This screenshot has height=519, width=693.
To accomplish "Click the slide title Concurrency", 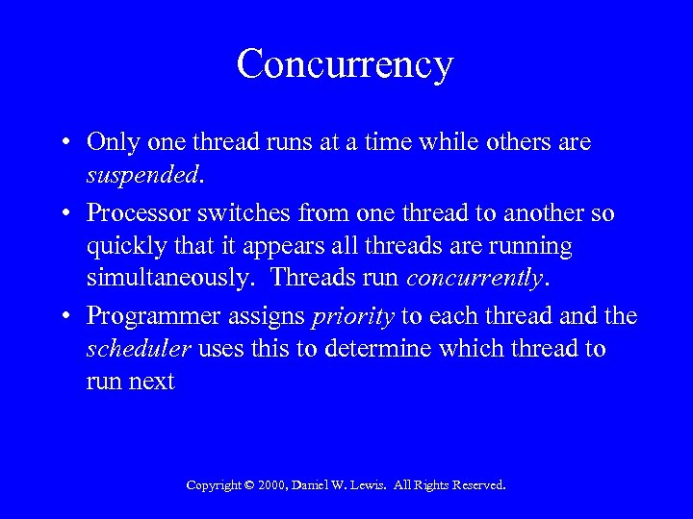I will tap(345, 65).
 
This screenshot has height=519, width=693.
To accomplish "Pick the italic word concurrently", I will tap(475, 281).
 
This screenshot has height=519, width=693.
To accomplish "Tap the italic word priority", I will tap(354, 315).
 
